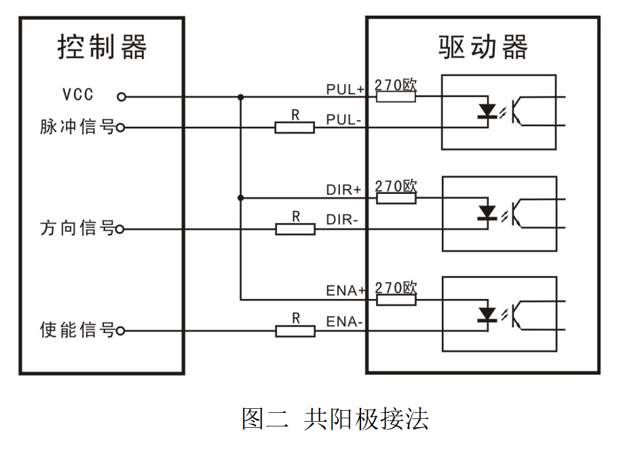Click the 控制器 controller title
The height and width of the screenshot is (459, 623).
point(102,48)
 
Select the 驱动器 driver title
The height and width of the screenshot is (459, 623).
point(483,48)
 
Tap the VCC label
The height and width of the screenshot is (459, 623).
point(78,95)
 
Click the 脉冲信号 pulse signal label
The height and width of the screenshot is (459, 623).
point(77,127)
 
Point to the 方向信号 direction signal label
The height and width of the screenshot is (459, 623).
point(77,228)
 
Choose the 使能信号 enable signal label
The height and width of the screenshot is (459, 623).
point(77,331)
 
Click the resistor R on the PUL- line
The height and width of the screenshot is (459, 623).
point(295,127)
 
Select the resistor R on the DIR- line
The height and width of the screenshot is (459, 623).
point(295,229)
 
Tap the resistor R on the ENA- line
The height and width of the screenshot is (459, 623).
point(295,331)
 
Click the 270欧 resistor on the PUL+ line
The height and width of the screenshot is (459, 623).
point(396,96)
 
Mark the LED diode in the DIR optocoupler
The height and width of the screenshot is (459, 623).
point(487,212)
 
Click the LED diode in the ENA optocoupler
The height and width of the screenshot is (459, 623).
point(487,313)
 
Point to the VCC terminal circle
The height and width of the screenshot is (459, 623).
point(121,96)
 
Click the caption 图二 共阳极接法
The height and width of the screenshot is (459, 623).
point(335,418)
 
